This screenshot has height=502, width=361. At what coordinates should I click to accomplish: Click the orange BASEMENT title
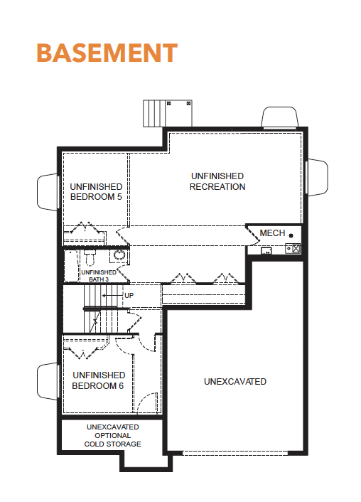pyautogui.click(x=107, y=53)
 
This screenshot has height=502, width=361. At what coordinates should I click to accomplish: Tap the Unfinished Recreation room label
pyautogui.click(x=217, y=181)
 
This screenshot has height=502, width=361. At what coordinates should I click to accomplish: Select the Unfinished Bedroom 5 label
pyautogui.click(x=96, y=191)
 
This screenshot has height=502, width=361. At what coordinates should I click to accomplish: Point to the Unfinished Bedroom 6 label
pyautogui.click(x=98, y=380)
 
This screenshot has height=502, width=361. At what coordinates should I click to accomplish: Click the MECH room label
pyautogui.click(x=272, y=233)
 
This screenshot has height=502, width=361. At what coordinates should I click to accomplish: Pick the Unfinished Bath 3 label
pyautogui.click(x=99, y=276)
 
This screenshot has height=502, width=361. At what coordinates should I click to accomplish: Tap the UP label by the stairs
pyautogui.click(x=129, y=296)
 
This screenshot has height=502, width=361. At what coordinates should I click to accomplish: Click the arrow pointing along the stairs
pyautogui.click(x=112, y=296)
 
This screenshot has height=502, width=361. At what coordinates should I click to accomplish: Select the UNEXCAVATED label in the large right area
pyautogui.click(x=235, y=382)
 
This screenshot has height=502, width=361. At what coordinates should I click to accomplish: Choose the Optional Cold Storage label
pyautogui.click(x=113, y=435)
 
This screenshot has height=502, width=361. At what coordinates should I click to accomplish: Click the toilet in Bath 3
pyautogui.click(x=90, y=257)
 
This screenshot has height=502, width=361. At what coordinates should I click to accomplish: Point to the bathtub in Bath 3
pyautogui.click(x=72, y=266)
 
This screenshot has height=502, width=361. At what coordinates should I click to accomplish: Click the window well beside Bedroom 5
pyautogui.click(x=48, y=192)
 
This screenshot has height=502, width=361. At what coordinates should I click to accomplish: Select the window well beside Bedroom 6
pyautogui.click(x=48, y=381)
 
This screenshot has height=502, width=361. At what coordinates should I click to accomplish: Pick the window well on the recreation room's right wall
pyautogui.click(x=317, y=177)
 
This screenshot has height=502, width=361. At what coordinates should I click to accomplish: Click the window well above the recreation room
pyautogui.click(x=280, y=117)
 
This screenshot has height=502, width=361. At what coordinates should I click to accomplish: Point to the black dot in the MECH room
pyautogui.click(x=291, y=235)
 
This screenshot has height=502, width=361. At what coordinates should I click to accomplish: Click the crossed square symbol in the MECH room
pyautogui.click(x=296, y=248)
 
